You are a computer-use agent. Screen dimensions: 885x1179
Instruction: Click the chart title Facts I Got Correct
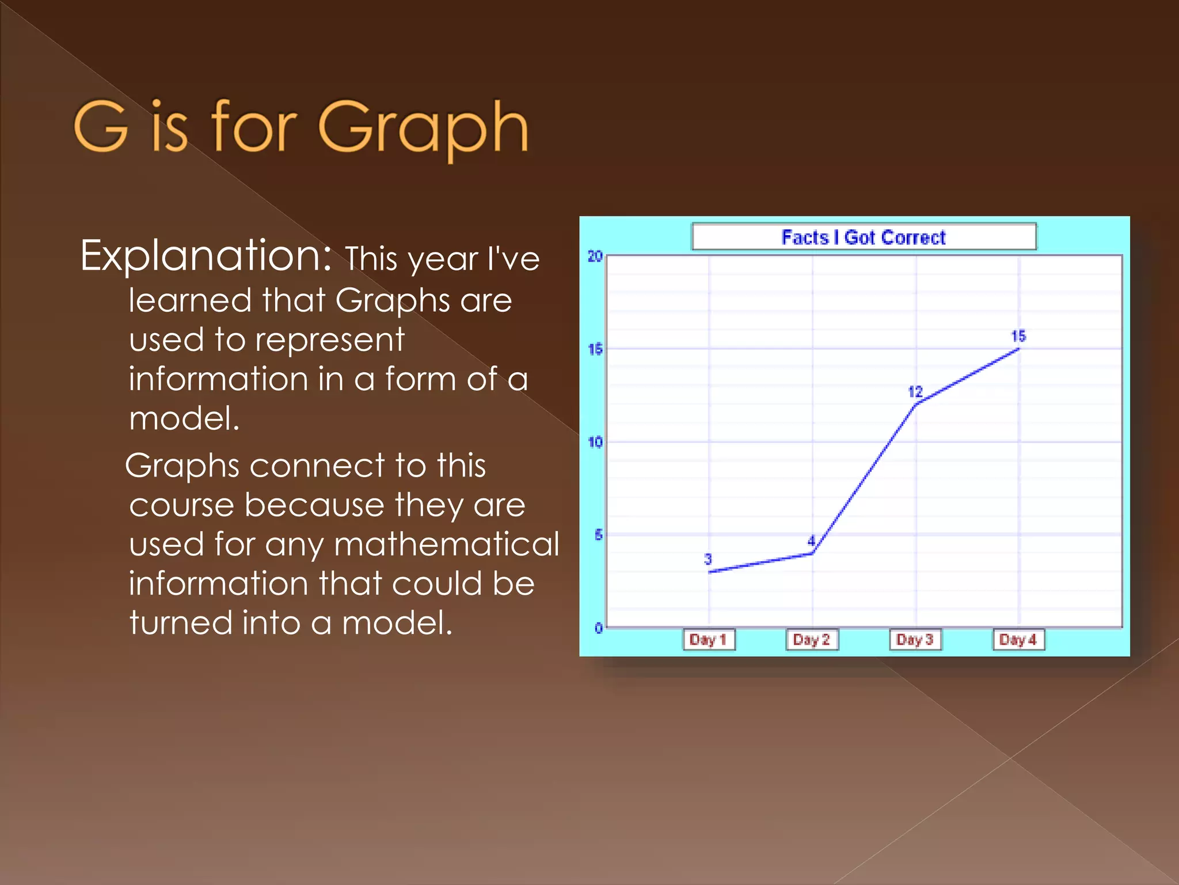[863, 237]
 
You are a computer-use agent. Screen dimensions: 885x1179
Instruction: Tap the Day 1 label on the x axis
[708, 640]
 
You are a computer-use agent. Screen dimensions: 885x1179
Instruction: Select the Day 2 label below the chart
[812, 640]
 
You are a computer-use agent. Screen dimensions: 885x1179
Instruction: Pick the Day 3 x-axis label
[915, 640]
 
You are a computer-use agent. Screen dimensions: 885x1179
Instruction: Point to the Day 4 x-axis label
[1018, 640]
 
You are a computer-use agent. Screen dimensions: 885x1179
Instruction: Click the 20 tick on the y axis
[595, 256]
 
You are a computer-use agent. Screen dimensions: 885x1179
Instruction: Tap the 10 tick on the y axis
[595, 442]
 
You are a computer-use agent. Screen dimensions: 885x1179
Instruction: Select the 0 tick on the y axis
[598, 628]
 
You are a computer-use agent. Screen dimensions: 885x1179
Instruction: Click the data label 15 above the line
[1018, 336]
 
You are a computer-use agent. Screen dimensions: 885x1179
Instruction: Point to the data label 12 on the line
[915, 392]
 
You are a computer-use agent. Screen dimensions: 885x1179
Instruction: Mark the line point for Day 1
[709, 572]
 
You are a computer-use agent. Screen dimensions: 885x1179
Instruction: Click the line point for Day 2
[812, 553]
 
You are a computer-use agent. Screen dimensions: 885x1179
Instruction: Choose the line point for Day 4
[1019, 349]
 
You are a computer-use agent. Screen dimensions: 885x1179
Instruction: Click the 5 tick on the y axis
[598, 535]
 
